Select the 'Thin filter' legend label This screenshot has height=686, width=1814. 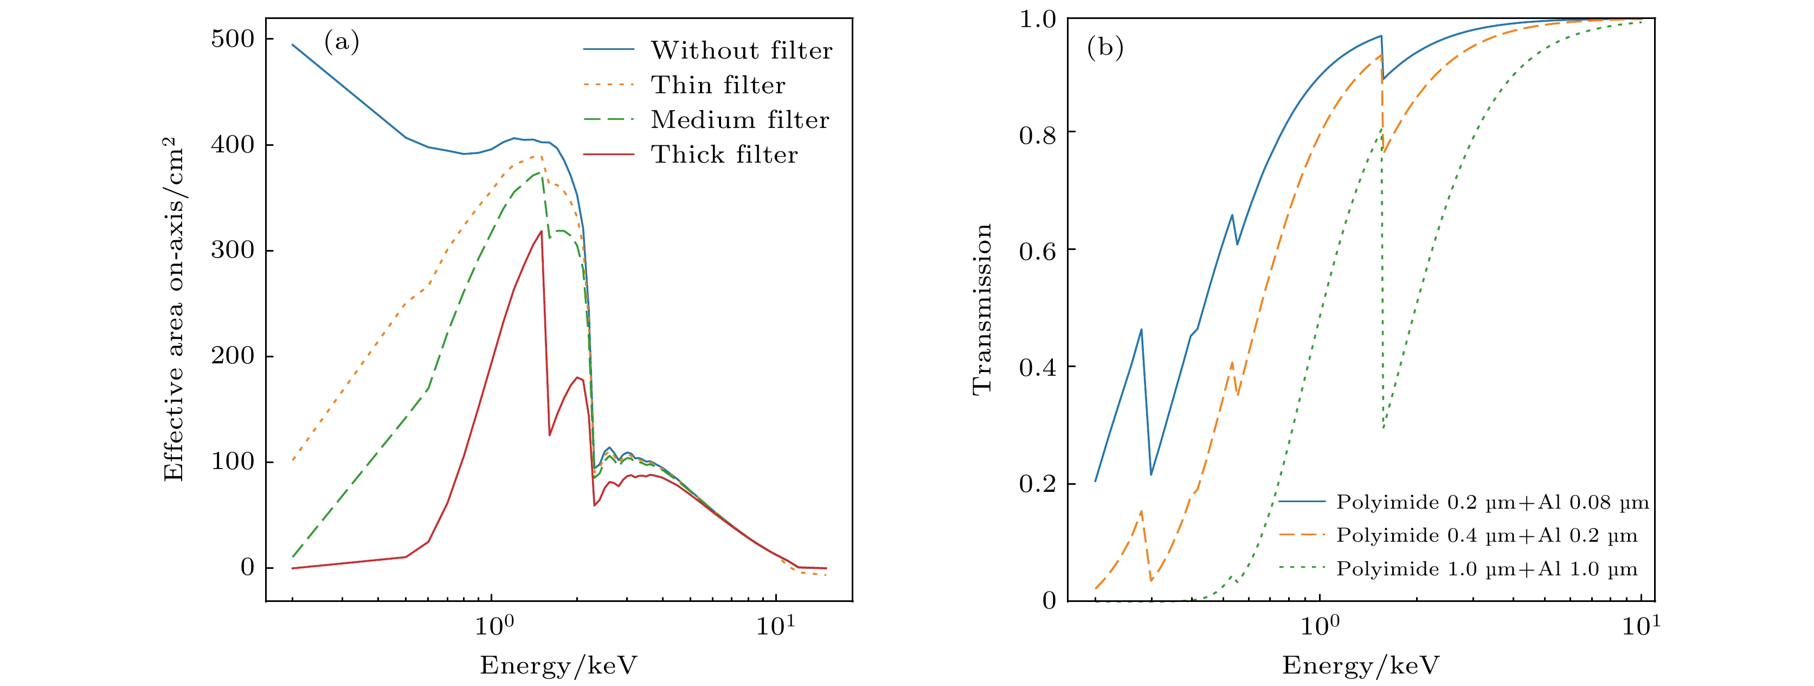click(718, 85)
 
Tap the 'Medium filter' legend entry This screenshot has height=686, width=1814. click(739, 120)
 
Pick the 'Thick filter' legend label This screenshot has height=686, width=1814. click(724, 154)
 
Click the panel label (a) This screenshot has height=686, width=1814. click(342, 42)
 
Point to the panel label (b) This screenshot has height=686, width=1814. click(1105, 47)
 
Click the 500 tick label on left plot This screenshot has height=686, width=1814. click(233, 39)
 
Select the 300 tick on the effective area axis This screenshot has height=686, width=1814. click(233, 250)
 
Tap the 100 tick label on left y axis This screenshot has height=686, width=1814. click(233, 462)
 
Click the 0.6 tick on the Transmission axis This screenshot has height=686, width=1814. click(1037, 251)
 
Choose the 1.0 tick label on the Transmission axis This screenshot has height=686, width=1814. click(1037, 19)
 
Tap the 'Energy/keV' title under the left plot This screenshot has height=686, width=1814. click(558, 665)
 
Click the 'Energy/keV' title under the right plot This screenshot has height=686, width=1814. click(1361, 665)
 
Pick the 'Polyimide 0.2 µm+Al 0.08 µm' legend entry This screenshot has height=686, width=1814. click(1492, 502)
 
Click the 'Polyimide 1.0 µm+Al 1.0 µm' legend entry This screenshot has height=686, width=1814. click(1487, 569)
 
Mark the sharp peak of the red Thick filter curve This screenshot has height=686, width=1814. click(541, 231)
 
